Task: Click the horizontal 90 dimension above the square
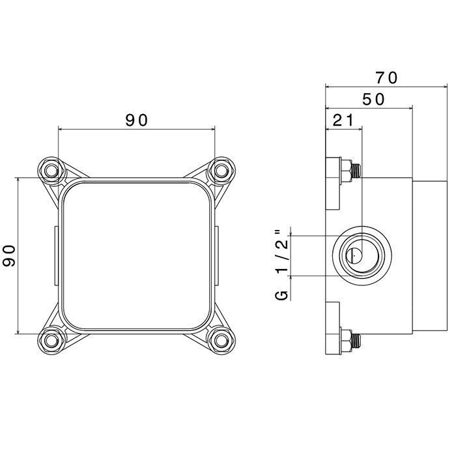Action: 136,120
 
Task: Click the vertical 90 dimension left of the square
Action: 9,255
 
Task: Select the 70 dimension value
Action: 386,78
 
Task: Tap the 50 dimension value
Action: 373,100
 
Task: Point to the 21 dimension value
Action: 343,120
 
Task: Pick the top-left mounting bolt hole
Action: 51,171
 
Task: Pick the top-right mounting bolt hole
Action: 221,171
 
